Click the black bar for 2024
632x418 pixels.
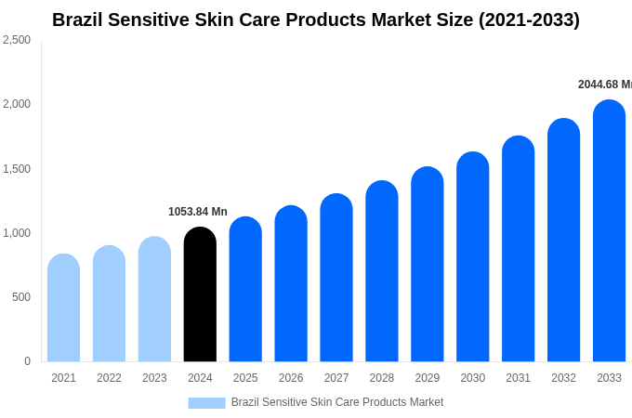click(x=200, y=294)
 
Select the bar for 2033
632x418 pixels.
click(x=609, y=231)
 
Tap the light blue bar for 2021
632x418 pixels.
click(x=63, y=308)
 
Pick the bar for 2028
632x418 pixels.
click(x=382, y=271)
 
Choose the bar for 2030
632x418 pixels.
click(x=472, y=257)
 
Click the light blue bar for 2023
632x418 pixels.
click(x=154, y=299)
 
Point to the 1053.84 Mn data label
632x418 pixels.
click(x=198, y=212)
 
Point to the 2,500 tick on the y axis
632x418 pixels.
click(x=17, y=40)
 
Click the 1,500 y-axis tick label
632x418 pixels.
click(x=17, y=169)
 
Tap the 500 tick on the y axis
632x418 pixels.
click(x=20, y=297)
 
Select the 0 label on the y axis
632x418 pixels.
click(x=27, y=361)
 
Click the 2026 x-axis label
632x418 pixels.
click(x=291, y=378)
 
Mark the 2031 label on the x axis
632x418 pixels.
click(x=519, y=378)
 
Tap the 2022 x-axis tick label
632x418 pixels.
click(x=109, y=378)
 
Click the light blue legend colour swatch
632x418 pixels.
click(x=206, y=403)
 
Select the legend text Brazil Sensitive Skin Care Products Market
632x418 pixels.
click(x=337, y=402)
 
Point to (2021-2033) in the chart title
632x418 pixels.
click(x=529, y=20)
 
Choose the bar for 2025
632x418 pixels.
click(x=245, y=290)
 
